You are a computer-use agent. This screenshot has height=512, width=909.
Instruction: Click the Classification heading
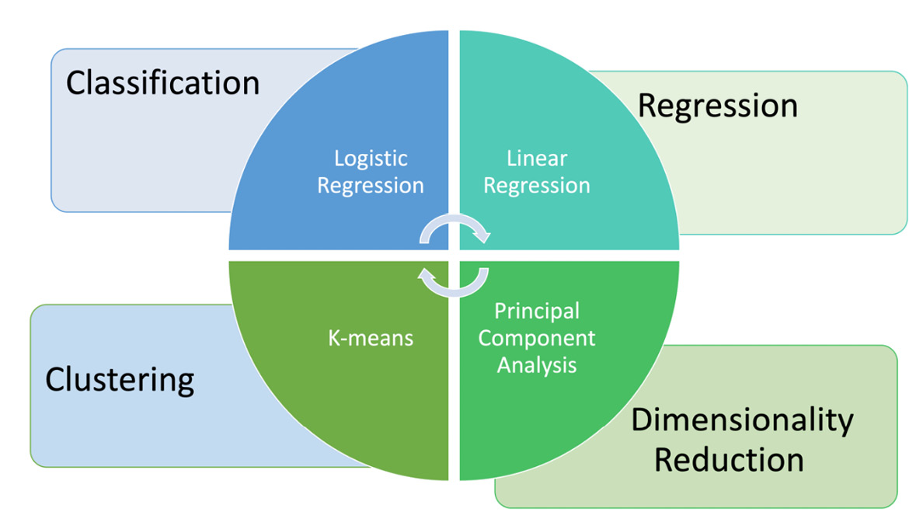(162, 83)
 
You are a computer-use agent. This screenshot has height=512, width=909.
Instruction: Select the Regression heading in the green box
(717, 106)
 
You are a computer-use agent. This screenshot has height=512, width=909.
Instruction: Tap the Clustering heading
(120, 380)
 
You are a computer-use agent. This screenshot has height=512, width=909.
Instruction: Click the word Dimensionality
(741, 420)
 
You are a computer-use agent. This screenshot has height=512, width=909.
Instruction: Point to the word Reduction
(728, 459)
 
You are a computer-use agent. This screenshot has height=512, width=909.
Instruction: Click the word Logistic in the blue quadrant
(371, 158)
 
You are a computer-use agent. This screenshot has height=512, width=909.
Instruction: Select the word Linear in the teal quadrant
(537, 158)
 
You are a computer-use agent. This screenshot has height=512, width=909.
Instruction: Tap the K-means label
(370, 338)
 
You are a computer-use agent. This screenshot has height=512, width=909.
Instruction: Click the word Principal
(537, 312)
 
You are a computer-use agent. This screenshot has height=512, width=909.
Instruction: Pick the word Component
(537, 338)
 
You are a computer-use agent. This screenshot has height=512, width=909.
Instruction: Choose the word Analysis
(537, 364)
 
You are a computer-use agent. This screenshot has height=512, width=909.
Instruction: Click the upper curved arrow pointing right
(454, 228)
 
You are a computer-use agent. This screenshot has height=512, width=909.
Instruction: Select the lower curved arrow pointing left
(454, 283)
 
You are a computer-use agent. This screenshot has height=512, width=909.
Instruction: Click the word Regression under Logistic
(371, 186)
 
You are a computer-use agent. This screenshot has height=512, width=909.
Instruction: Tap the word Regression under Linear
(537, 186)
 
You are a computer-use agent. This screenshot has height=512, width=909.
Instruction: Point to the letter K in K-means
(333, 338)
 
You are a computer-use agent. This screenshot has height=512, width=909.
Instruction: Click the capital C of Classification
(76, 83)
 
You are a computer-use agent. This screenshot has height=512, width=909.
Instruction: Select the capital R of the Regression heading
(647, 106)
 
